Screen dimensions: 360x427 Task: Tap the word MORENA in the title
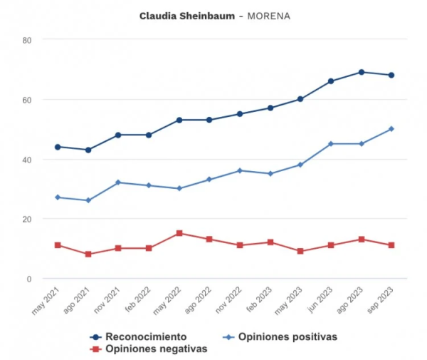(x=270, y=15)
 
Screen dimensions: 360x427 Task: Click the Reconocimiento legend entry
(x=146, y=336)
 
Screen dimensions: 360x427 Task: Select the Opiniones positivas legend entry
(x=287, y=336)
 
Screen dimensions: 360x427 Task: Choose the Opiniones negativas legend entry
(x=156, y=349)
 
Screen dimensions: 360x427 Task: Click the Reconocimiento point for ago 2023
(x=362, y=72)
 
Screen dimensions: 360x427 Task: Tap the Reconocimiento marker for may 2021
(x=58, y=147)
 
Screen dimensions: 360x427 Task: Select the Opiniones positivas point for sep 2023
(x=391, y=129)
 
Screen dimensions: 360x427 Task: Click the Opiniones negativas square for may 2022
(x=179, y=233)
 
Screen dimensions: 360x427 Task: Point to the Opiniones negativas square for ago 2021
(x=88, y=254)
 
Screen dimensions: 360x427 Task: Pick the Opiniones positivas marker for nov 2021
(x=118, y=182)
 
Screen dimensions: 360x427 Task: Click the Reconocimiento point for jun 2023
(x=331, y=81)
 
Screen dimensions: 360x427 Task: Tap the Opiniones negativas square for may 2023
(x=300, y=251)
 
